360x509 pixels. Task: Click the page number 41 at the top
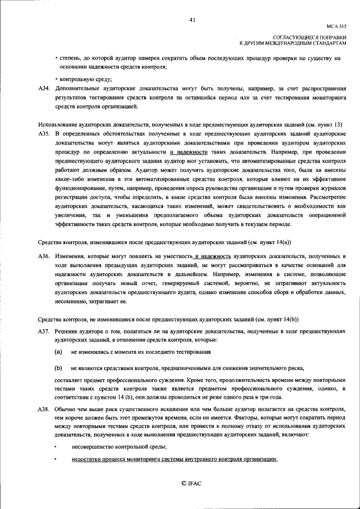pos(192,20)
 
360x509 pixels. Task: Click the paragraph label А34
pos(44,89)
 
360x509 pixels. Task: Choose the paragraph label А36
pos(44,256)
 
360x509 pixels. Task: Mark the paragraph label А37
pos(44,332)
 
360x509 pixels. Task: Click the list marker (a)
pos(58,352)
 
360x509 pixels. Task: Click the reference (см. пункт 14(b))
pos(276,319)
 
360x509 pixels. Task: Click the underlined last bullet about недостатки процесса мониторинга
pos(174,460)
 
